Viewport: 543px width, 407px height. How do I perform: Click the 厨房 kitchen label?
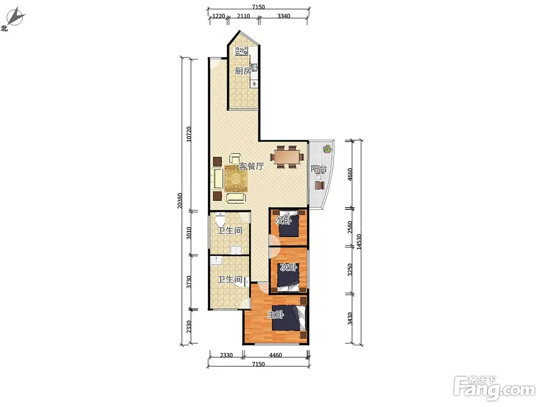pyautogui.click(x=243, y=71)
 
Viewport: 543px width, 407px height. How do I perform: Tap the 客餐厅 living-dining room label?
pyautogui.click(x=251, y=166)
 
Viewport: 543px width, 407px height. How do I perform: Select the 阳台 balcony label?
pyautogui.click(x=319, y=169)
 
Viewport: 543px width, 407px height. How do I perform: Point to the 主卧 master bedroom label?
pyautogui.click(x=275, y=315)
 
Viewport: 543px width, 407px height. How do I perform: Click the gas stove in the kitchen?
pyautogui.click(x=242, y=51)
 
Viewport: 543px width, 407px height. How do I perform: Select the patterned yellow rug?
pyautogui.click(x=236, y=179)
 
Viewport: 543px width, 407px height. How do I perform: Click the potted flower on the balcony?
pyautogui.click(x=327, y=149)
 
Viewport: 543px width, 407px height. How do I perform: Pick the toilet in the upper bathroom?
pyautogui.click(x=220, y=219)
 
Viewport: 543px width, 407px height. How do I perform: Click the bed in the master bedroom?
pyautogui.click(x=289, y=318)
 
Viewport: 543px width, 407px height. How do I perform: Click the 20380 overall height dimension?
pyautogui.click(x=180, y=201)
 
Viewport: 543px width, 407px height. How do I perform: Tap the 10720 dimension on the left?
pyautogui.click(x=189, y=134)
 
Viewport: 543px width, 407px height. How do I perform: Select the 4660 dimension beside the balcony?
pyautogui.click(x=350, y=175)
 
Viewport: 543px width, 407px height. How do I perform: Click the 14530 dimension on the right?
pyautogui.click(x=359, y=241)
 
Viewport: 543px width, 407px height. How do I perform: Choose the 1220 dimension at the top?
pyautogui.click(x=219, y=16)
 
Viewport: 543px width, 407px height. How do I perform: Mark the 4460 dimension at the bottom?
pyautogui.click(x=275, y=355)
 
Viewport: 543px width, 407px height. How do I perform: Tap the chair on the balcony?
pyautogui.click(x=319, y=185)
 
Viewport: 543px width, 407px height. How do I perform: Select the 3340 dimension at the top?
pyautogui.click(x=284, y=16)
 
